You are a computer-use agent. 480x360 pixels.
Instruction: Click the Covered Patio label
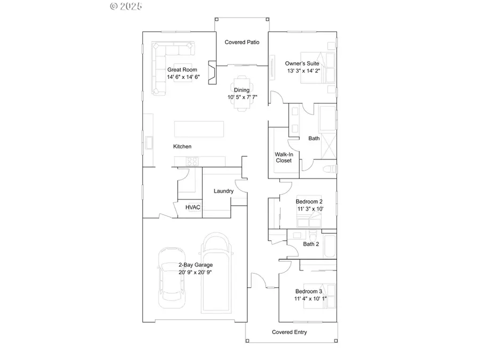[x=242, y=42]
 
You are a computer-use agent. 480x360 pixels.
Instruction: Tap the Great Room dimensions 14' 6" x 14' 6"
[x=183, y=77]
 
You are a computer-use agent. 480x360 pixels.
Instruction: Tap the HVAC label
[x=193, y=207]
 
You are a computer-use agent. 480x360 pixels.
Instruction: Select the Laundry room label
[x=223, y=191]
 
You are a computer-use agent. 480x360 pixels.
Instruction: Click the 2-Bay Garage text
[x=195, y=265]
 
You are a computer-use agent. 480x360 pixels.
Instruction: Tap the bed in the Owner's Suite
[x=318, y=68]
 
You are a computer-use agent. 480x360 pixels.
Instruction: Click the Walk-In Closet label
[x=284, y=157]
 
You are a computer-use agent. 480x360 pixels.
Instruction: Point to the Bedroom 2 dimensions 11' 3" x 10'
[x=309, y=209]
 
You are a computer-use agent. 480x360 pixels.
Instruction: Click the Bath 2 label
[x=311, y=244]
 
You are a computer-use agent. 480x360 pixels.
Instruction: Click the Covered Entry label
[x=289, y=332]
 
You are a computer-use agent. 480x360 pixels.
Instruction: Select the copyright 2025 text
[x=126, y=6]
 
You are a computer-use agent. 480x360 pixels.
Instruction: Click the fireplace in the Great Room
[x=212, y=73]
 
